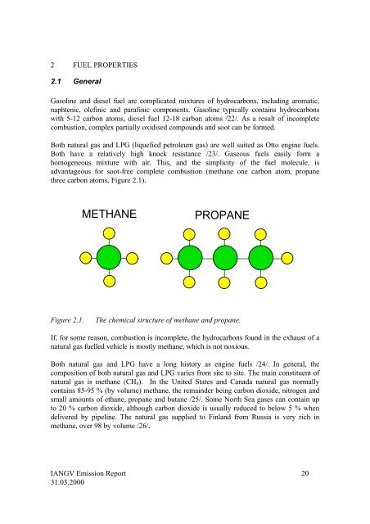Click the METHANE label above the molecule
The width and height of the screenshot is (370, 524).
pyautogui.click(x=109, y=216)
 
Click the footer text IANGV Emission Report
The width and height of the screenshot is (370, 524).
pyautogui.click(x=74, y=473)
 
